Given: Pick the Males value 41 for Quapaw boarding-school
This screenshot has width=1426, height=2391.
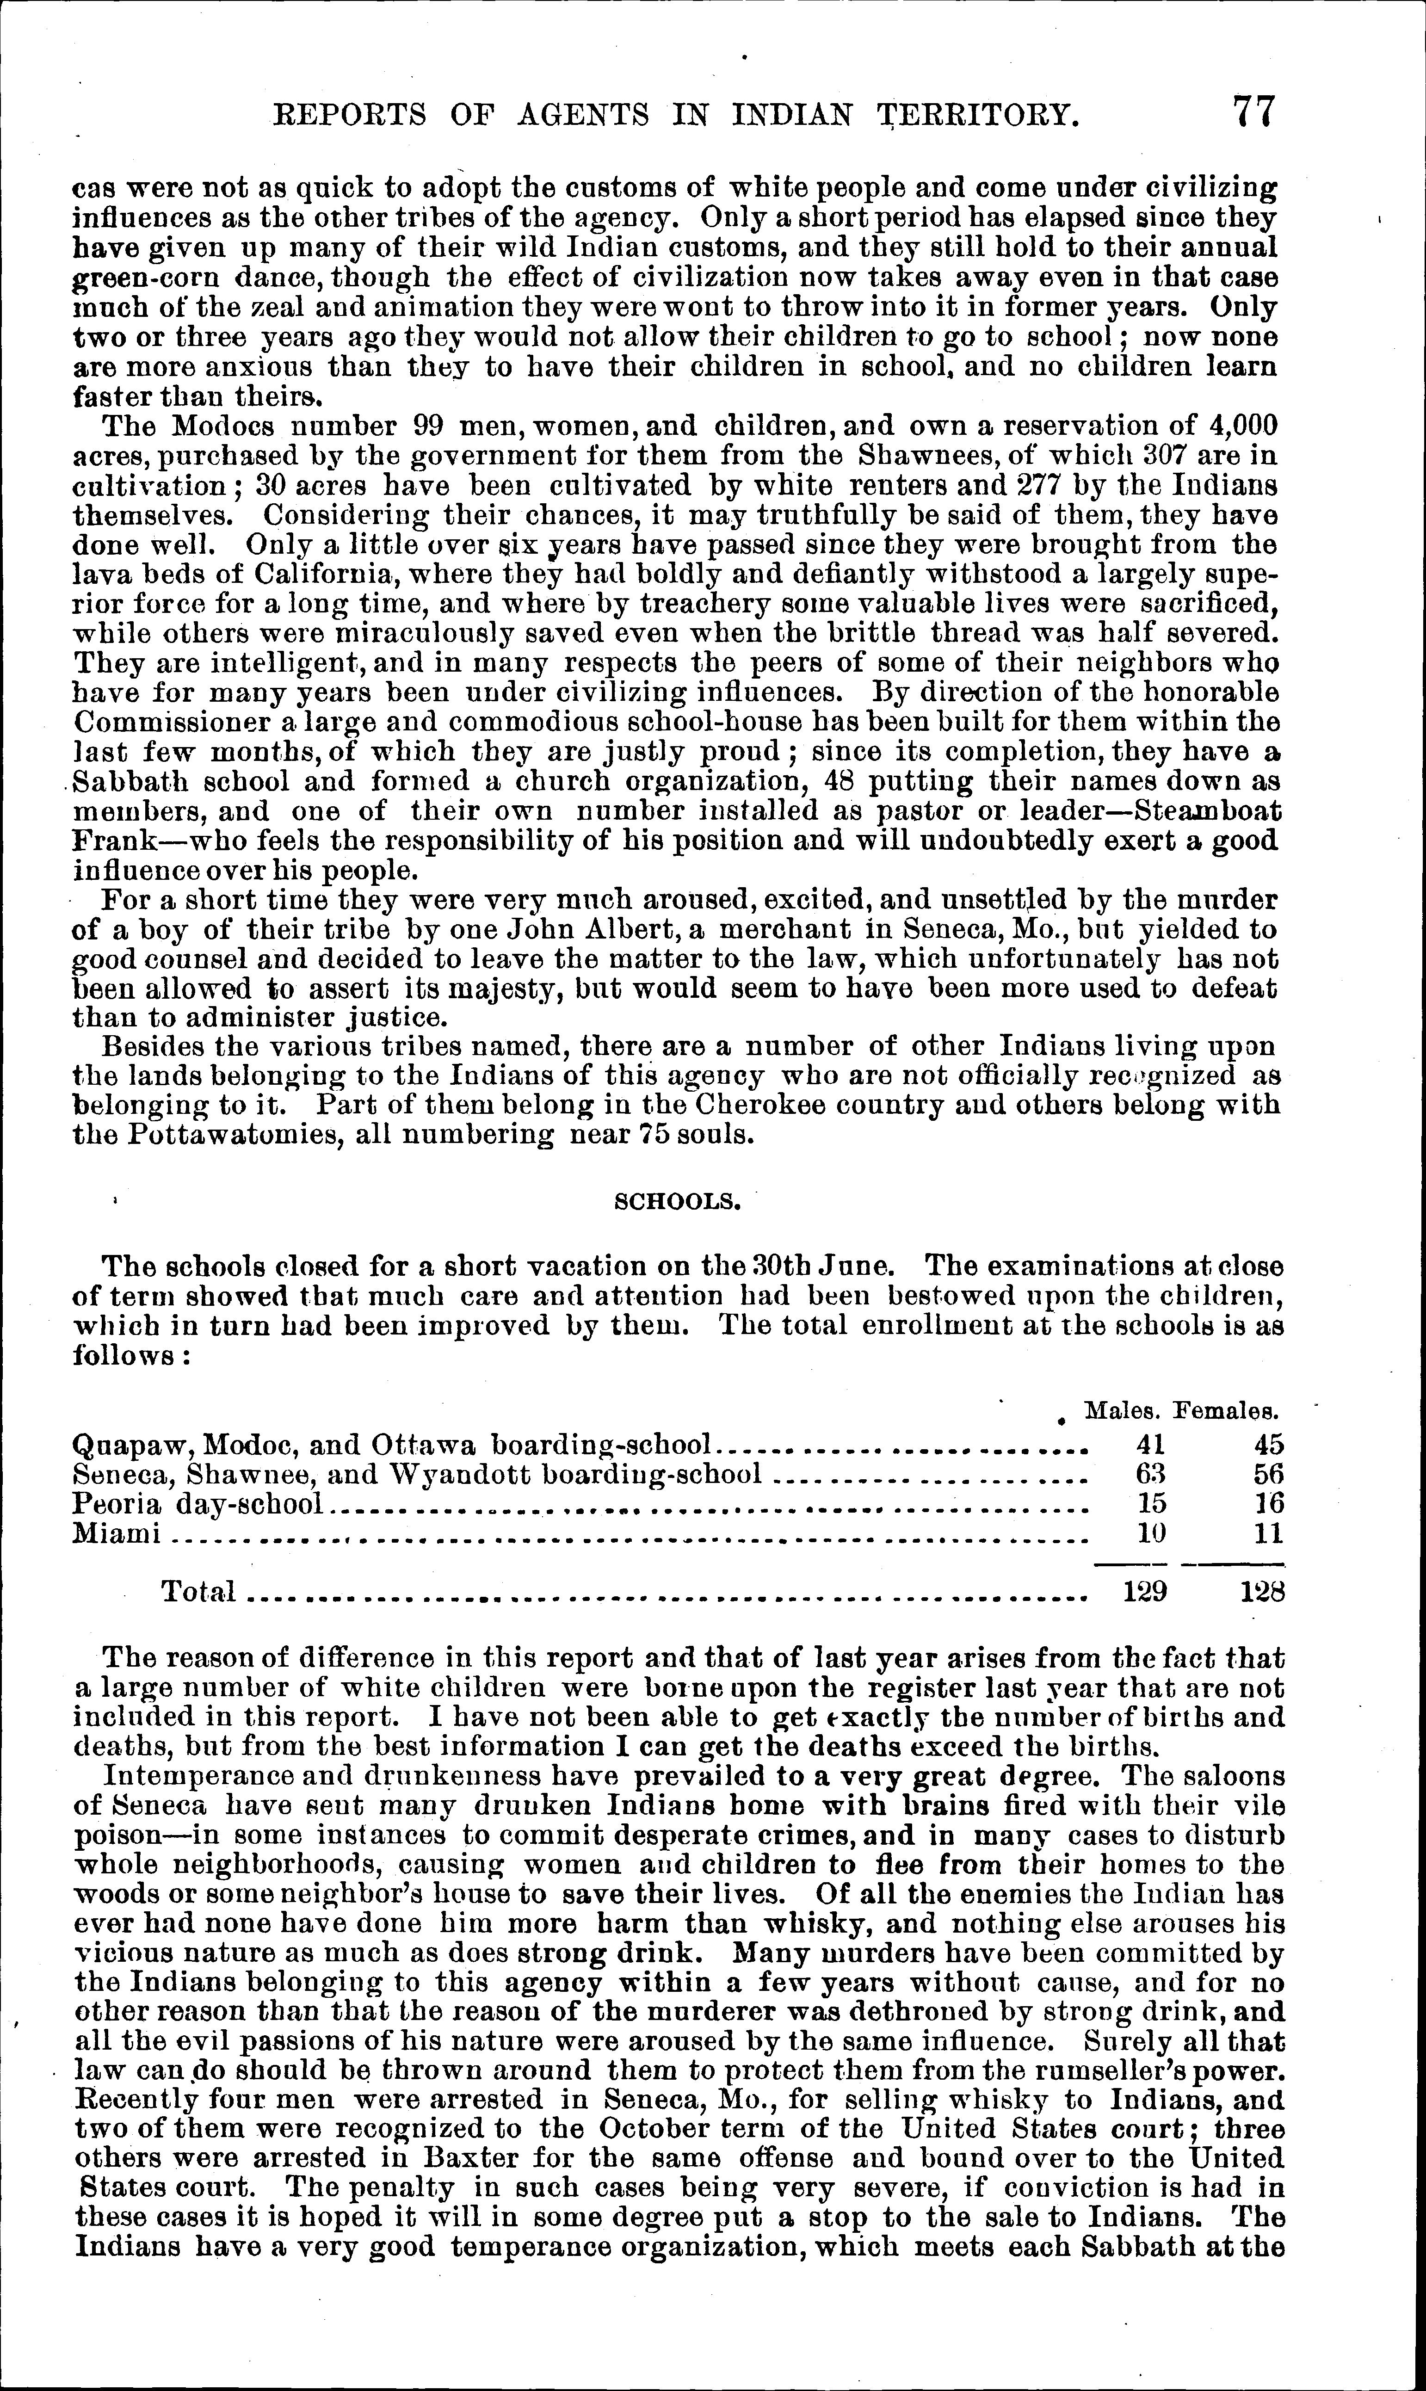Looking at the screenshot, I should click(x=1150, y=1445).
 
